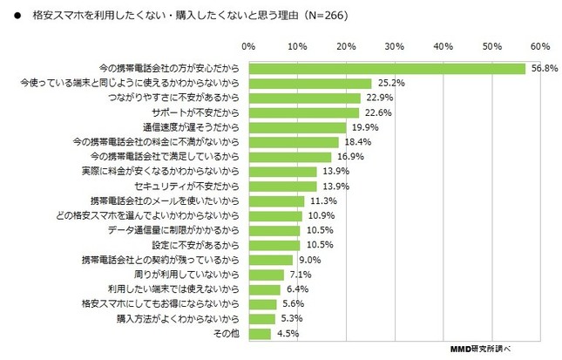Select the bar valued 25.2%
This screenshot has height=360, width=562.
pos(309,83)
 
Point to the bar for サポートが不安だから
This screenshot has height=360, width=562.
pos(303,112)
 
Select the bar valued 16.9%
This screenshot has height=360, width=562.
pos(289,157)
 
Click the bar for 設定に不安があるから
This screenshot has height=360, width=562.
pos(274,245)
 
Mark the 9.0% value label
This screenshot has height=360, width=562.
pos(308,260)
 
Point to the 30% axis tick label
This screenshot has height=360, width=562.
pos(395,45)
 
